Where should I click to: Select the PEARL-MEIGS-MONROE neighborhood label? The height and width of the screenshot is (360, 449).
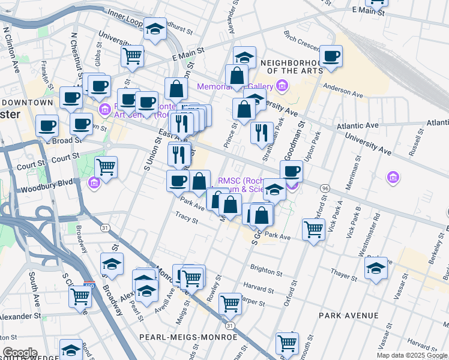coord(179,337)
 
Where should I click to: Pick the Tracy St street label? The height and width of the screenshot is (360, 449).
coord(186,217)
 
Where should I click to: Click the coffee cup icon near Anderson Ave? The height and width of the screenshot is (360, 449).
coord(331,57)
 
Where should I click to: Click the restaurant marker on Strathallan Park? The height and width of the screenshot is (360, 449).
coord(261,133)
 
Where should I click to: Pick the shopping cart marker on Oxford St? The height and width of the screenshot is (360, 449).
coord(314,229)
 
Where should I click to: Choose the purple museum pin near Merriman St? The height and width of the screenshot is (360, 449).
coord(393,177)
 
